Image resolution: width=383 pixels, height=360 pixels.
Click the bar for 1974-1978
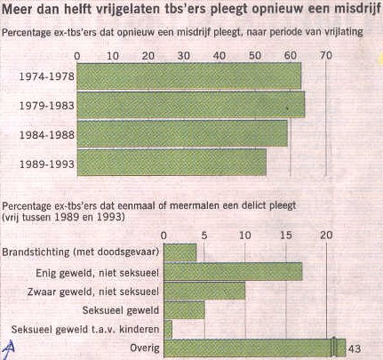click(189, 76)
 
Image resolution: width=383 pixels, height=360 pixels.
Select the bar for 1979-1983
click(191, 105)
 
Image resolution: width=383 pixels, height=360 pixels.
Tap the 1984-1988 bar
click(182, 133)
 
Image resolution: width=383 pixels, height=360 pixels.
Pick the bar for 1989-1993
click(172, 163)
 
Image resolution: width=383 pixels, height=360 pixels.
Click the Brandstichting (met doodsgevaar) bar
click(180, 252)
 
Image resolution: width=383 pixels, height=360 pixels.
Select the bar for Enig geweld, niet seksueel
click(233, 271)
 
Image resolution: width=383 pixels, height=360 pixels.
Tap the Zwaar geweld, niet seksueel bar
click(204, 291)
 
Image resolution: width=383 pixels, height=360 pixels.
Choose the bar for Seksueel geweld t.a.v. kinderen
click(168, 329)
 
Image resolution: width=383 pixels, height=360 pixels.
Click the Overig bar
click(255, 348)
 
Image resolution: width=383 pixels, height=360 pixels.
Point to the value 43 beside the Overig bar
click(355, 348)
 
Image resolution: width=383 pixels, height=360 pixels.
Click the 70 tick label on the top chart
click(326, 55)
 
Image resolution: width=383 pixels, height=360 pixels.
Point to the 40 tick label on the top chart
click(219, 55)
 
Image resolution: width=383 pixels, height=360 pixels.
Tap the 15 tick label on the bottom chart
click(286, 236)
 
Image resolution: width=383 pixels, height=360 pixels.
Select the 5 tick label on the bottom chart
click(204, 236)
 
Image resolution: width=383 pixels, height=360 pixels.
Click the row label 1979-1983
click(47, 106)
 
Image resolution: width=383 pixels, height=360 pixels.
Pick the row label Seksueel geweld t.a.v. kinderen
click(85, 329)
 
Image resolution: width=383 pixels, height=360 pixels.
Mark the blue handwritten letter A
click(9, 348)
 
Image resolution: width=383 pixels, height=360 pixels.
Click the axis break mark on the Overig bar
click(334, 348)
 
